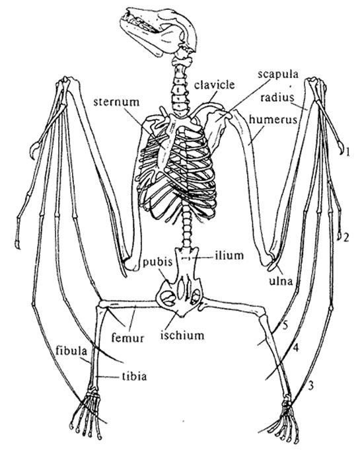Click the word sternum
(116, 102)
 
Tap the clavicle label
(214, 85)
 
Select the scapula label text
(278, 74)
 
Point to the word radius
(277, 97)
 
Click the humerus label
(273, 120)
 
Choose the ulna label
(281, 281)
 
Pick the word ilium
(229, 255)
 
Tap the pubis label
(157, 262)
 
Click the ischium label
(182, 335)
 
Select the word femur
(128, 338)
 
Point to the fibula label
(71, 351)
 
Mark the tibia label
(134, 376)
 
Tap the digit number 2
(346, 238)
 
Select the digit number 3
(311, 385)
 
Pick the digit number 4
(295, 348)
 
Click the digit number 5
(285, 325)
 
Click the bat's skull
(159, 31)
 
